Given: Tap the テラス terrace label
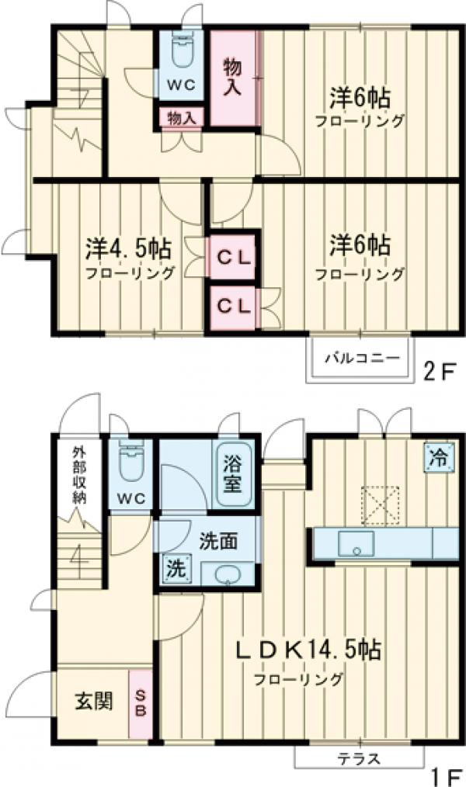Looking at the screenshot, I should tap(360, 758).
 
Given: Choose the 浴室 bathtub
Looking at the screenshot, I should tap(231, 475).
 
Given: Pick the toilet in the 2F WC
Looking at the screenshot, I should tap(182, 52).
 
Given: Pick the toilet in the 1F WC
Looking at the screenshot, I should tap(131, 464).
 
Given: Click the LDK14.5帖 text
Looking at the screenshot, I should tap(309, 650).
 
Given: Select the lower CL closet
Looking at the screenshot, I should tap(233, 306).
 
